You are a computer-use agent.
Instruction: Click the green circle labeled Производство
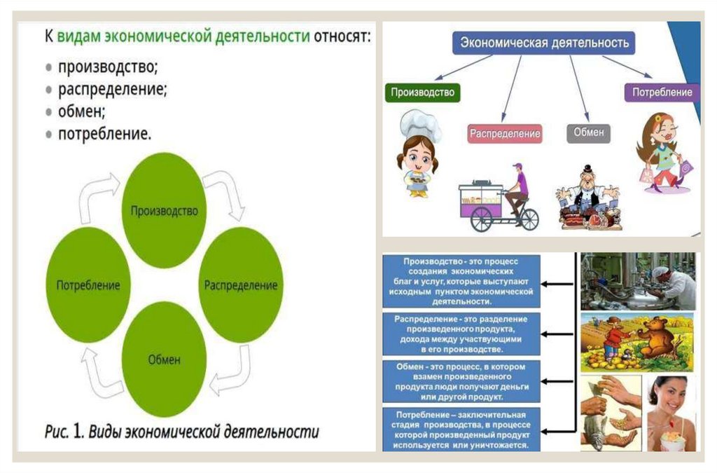164,210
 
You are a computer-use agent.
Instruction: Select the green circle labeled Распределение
241,285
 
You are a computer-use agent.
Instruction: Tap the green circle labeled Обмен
164,359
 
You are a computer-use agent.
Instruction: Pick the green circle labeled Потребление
88,285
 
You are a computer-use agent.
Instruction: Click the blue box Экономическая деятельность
543,43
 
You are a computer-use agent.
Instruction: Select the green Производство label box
422,92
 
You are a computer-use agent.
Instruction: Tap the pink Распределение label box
505,132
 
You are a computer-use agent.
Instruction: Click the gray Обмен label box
588,132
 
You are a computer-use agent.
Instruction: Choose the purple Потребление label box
662,92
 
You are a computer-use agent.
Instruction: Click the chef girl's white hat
420,125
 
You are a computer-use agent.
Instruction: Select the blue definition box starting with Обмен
461,381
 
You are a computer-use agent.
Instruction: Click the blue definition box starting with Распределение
461,334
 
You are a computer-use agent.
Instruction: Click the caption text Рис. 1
66,431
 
